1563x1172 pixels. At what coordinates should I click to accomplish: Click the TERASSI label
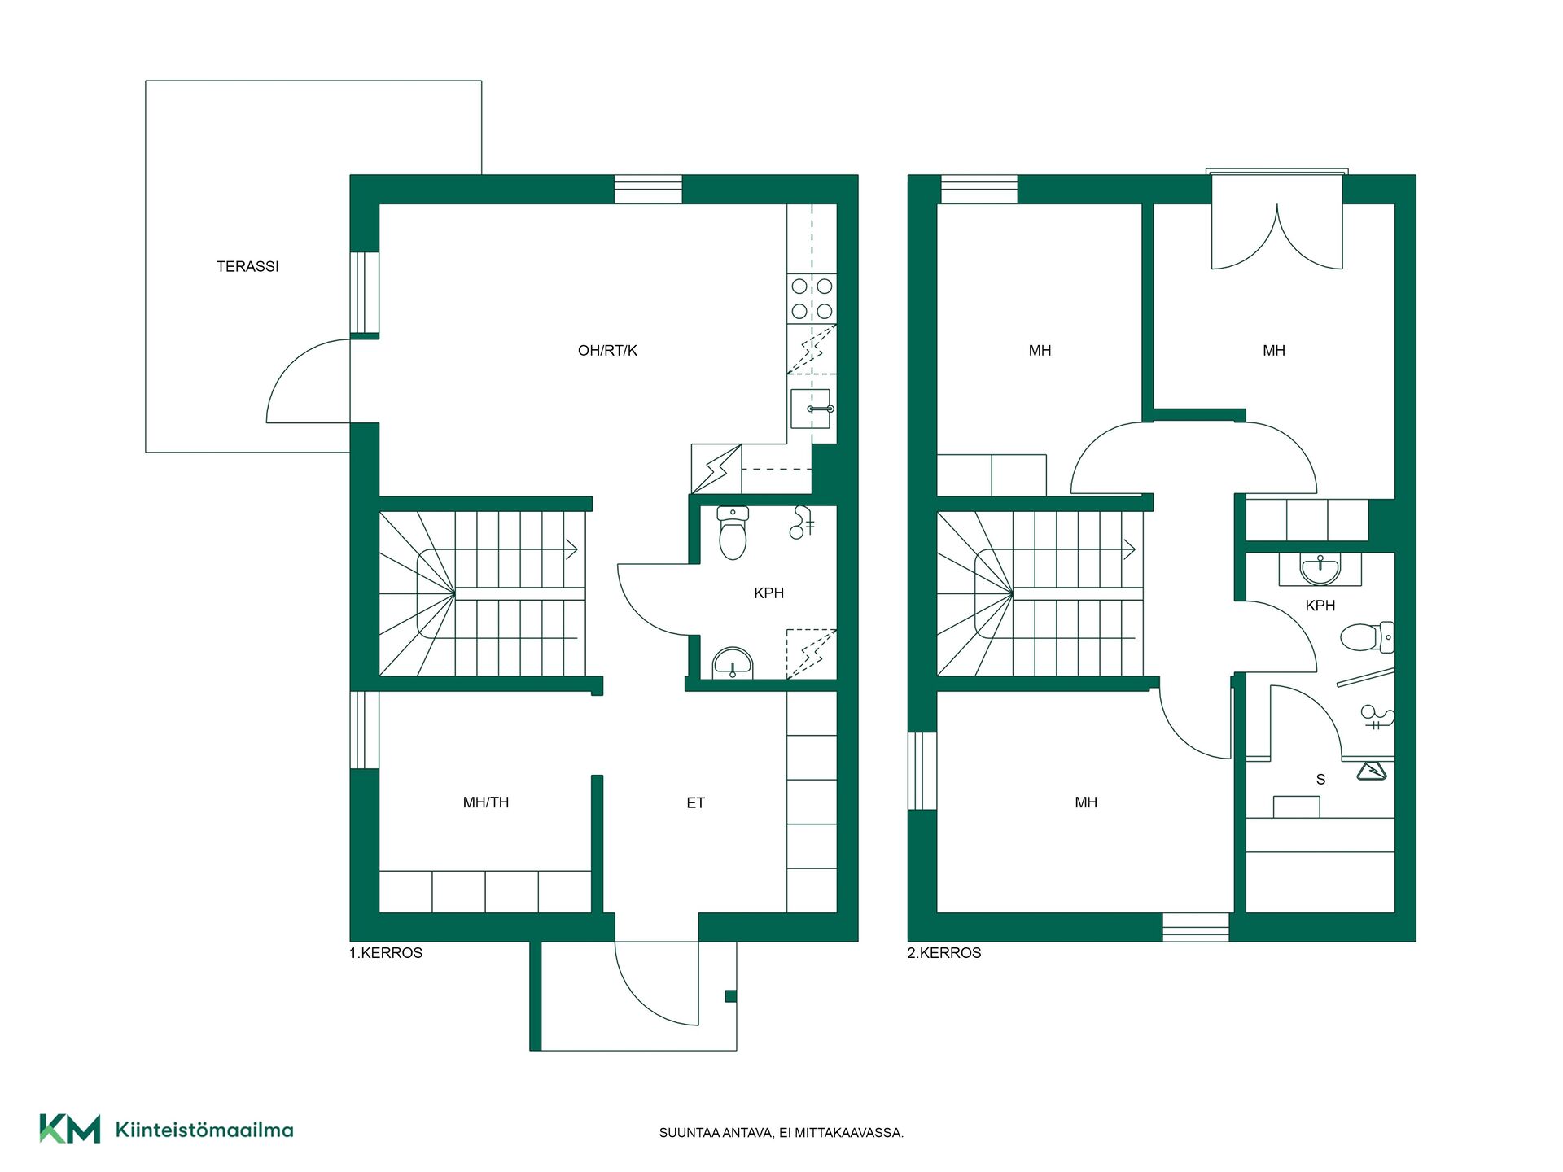click(247, 266)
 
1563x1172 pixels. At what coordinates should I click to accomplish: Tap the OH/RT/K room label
click(607, 351)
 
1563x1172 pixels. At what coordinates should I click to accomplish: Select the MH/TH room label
click(486, 802)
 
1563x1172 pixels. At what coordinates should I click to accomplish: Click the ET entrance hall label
click(695, 803)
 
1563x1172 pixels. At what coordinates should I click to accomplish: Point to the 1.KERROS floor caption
click(386, 953)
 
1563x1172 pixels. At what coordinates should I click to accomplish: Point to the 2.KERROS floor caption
click(944, 953)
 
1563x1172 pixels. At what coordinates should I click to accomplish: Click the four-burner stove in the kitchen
click(812, 299)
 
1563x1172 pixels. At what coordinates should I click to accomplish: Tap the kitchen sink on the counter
click(811, 409)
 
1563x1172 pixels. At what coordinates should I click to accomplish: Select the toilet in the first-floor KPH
click(733, 533)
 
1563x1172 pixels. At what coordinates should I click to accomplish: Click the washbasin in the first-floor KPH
click(733, 663)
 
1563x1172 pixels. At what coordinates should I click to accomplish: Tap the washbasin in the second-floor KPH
click(1320, 569)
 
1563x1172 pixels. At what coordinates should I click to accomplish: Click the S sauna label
click(1320, 780)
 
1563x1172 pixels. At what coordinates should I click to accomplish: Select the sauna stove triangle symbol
click(1372, 770)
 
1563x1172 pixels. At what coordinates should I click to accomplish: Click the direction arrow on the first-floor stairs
click(571, 549)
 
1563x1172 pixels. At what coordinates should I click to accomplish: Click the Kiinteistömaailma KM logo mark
click(70, 1129)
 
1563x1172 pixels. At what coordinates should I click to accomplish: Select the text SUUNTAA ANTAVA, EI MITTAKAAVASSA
click(781, 1133)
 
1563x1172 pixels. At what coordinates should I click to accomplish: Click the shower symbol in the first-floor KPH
click(802, 523)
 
